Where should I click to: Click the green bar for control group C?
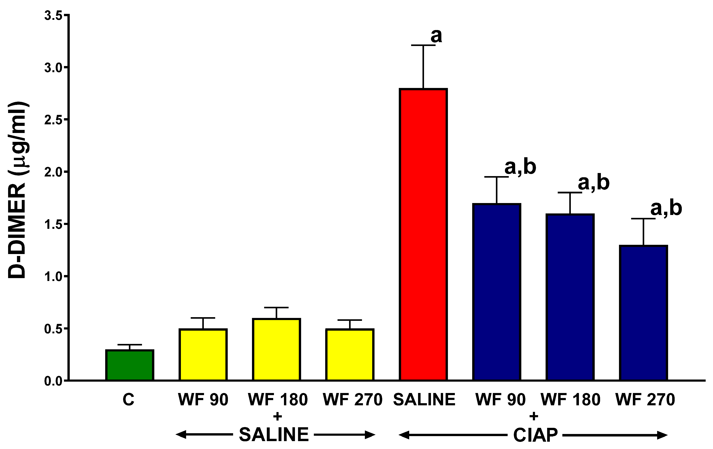click(130, 365)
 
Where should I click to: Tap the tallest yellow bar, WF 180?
click(277, 349)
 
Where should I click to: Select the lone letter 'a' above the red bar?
click(436, 36)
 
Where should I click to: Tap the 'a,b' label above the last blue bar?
click(666, 209)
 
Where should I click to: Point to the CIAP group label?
click(535, 435)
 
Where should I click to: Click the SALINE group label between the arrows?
click(274, 435)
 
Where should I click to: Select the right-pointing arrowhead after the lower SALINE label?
click(370, 435)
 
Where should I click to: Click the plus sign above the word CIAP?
click(534, 416)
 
